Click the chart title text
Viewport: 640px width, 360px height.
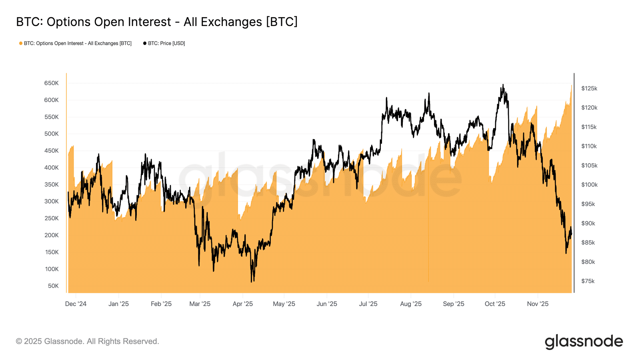(x=157, y=22)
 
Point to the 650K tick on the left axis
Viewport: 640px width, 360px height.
(x=52, y=83)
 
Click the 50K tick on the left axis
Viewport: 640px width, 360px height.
(x=53, y=286)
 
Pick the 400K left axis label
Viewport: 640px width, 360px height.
(x=52, y=168)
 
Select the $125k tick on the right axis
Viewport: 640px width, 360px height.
(x=589, y=88)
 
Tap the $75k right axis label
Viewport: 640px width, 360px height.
(x=588, y=281)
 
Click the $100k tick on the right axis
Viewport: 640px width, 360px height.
(x=589, y=185)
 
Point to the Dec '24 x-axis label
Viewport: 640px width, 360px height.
(x=76, y=304)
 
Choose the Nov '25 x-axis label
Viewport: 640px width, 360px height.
(x=538, y=304)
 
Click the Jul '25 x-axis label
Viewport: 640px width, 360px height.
(x=368, y=304)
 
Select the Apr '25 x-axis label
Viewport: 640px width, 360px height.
(x=243, y=304)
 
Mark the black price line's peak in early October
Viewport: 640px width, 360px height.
(x=503, y=85)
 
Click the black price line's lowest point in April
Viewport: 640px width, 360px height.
(x=252, y=282)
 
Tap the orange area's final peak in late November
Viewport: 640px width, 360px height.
(x=571, y=85)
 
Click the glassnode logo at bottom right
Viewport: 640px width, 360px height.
(x=584, y=342)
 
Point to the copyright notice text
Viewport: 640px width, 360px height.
(x=88, y=342)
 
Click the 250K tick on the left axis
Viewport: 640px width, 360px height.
(x=52, y=218)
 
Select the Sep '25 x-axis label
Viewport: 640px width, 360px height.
(x=454, y=304)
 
